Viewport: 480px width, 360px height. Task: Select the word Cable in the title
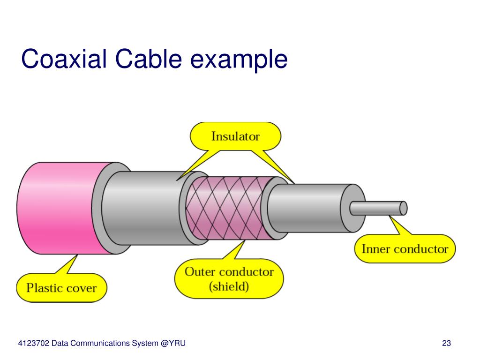point(147,60)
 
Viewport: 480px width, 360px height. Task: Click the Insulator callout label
point(235,136)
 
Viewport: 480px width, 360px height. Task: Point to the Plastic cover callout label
point(61,287)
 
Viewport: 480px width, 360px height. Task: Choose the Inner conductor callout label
point(405,249)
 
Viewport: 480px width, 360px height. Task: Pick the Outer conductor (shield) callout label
point(229,278)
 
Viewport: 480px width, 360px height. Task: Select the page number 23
point(446,344)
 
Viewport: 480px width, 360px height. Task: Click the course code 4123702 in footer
point(34,344)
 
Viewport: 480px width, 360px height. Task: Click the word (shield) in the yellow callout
point(229,286)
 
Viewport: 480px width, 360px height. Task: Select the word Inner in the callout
point(376,249)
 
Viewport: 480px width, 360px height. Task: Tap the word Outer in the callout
point(200,271)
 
